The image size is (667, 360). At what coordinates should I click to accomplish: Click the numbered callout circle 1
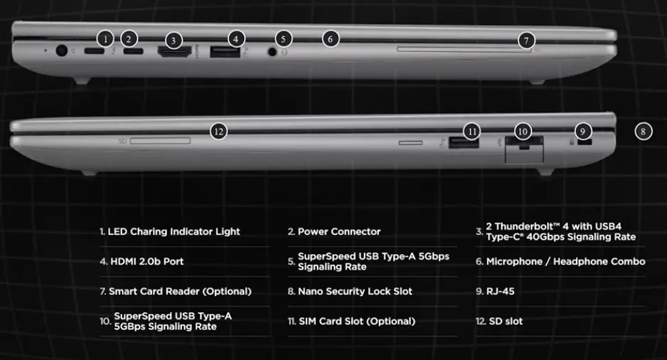[x=105, y=39]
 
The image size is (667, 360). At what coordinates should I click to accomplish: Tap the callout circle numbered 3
[x=173, y=41]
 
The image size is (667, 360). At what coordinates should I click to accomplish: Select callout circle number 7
[x=526, y=41]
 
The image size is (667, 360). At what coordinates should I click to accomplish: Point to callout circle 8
[x=643, y=132]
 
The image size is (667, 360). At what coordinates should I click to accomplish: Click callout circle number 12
[x=218, y=132]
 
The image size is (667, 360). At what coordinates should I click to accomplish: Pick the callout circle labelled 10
[x=523, y=132]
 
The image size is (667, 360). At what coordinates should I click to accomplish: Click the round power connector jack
[x=62, y=51]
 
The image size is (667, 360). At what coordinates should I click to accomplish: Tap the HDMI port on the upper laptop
[x=174, y=52]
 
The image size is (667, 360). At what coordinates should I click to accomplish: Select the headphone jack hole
[x=272, y=52]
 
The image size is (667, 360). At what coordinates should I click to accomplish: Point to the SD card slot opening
[x=160, y=141]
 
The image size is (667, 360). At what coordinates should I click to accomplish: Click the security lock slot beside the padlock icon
[x=585, y=142]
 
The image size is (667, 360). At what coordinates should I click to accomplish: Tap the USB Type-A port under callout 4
[x=225, y=52]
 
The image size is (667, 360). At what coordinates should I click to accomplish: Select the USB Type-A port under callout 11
[x=464, y=142]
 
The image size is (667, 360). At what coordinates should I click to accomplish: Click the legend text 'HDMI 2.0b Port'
[x=146, y=261]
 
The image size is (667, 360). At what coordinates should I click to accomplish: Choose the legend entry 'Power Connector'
[x=339, y=231]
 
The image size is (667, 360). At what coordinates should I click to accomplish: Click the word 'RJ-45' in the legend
[x=501, y=291]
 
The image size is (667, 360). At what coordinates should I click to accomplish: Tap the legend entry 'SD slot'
[x=506, y=322]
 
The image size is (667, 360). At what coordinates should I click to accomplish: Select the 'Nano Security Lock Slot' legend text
[x=356, y=291]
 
